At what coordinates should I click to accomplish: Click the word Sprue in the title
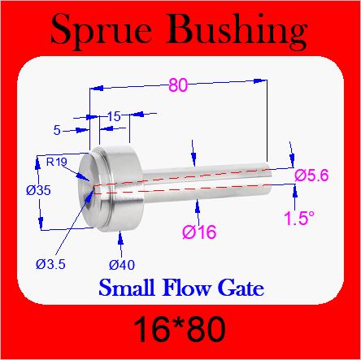(101, 31)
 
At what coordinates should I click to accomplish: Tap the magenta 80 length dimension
(178, 85)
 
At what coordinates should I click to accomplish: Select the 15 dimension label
(114, 116)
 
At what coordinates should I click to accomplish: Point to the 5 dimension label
(57, 131)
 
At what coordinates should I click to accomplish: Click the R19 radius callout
(57, 162)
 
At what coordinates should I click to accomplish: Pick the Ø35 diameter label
(38, 190)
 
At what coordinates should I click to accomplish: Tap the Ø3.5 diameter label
(50, 264)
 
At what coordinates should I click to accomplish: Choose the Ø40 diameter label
(122, 265)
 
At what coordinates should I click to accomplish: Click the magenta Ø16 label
(199, 232)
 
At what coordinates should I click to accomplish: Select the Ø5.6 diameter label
(311, 176)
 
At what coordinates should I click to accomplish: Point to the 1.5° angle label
(299, 218)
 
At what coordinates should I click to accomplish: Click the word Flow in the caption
(186, 287)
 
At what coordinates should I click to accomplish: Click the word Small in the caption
(127, 287)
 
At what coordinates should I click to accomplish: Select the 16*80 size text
(180, 330)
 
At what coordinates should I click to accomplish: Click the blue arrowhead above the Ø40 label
(120, 237)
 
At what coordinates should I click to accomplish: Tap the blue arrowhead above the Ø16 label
(198, 206)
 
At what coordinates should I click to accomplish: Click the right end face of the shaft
(268, 179)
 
